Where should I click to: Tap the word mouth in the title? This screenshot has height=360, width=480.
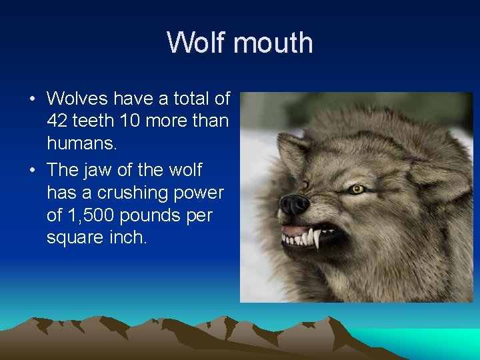coord(273,43)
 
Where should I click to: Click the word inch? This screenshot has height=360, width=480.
coord(129,238)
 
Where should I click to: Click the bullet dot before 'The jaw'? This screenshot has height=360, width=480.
coord(32,170)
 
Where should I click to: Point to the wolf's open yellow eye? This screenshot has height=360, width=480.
coord(358,189)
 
